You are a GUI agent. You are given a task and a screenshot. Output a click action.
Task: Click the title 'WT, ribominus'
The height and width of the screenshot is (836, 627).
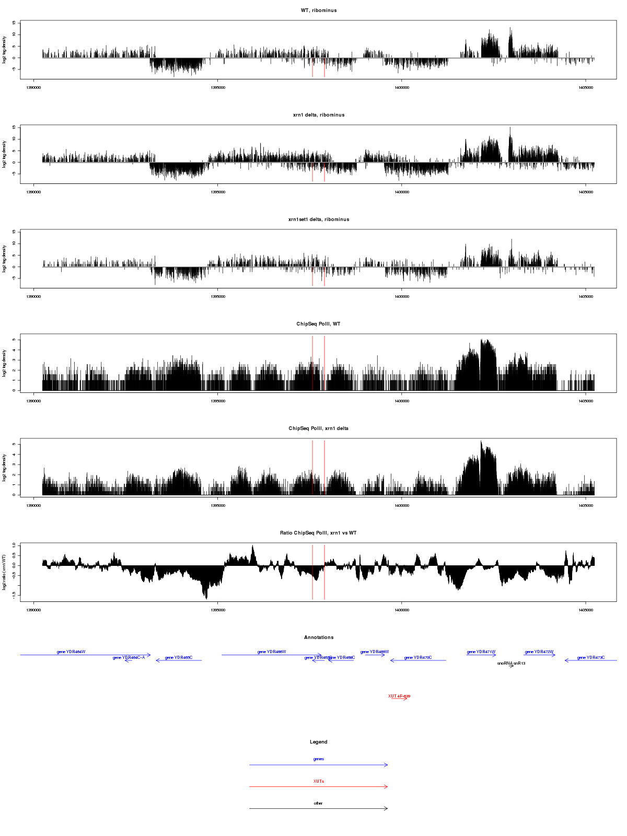pos(319,10)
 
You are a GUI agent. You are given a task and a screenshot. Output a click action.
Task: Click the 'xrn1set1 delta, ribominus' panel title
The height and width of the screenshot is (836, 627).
pos(319,219)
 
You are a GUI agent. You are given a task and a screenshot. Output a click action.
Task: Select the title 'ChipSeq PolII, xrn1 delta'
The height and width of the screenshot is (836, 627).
pos(319,428)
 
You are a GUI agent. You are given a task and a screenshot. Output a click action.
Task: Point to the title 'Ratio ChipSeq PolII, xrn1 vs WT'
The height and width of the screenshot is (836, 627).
pos(319,533)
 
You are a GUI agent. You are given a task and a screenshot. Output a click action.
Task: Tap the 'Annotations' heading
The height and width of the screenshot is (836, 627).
pos(319,637)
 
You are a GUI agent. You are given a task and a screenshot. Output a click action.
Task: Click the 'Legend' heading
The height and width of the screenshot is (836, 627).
pos(319,742)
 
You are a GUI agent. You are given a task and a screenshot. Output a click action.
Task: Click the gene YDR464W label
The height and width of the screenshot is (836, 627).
pos(71,652)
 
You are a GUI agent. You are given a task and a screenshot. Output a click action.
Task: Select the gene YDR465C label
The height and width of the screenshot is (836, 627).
pos(179,657)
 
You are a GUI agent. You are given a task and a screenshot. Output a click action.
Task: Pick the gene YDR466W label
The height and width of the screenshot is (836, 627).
pos(272,652)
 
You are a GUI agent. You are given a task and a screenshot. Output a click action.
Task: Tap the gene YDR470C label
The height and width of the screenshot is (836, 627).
pos(418,657)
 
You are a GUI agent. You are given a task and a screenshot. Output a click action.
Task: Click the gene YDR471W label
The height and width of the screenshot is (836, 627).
pos(481,652)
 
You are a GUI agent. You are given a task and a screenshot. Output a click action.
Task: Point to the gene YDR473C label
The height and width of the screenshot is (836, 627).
pos(591,657)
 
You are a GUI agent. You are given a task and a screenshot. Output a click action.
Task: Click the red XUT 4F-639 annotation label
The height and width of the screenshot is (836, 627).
pos(399,696)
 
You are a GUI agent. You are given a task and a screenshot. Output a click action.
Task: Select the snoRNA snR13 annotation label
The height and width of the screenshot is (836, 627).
pos(511,663)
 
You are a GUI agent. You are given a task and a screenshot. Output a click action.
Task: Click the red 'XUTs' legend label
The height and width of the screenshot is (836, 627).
pos(319,781)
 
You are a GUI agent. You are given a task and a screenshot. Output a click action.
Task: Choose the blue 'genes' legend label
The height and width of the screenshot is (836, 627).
pos(319,759)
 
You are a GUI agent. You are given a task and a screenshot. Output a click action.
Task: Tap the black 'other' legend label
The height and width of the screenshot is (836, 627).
pos(319,803)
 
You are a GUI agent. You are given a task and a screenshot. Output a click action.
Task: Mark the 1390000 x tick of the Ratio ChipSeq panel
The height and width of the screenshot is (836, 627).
pos(34,610)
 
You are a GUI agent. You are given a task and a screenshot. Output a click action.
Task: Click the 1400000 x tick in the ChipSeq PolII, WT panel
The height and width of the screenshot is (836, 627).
pos(402,401)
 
